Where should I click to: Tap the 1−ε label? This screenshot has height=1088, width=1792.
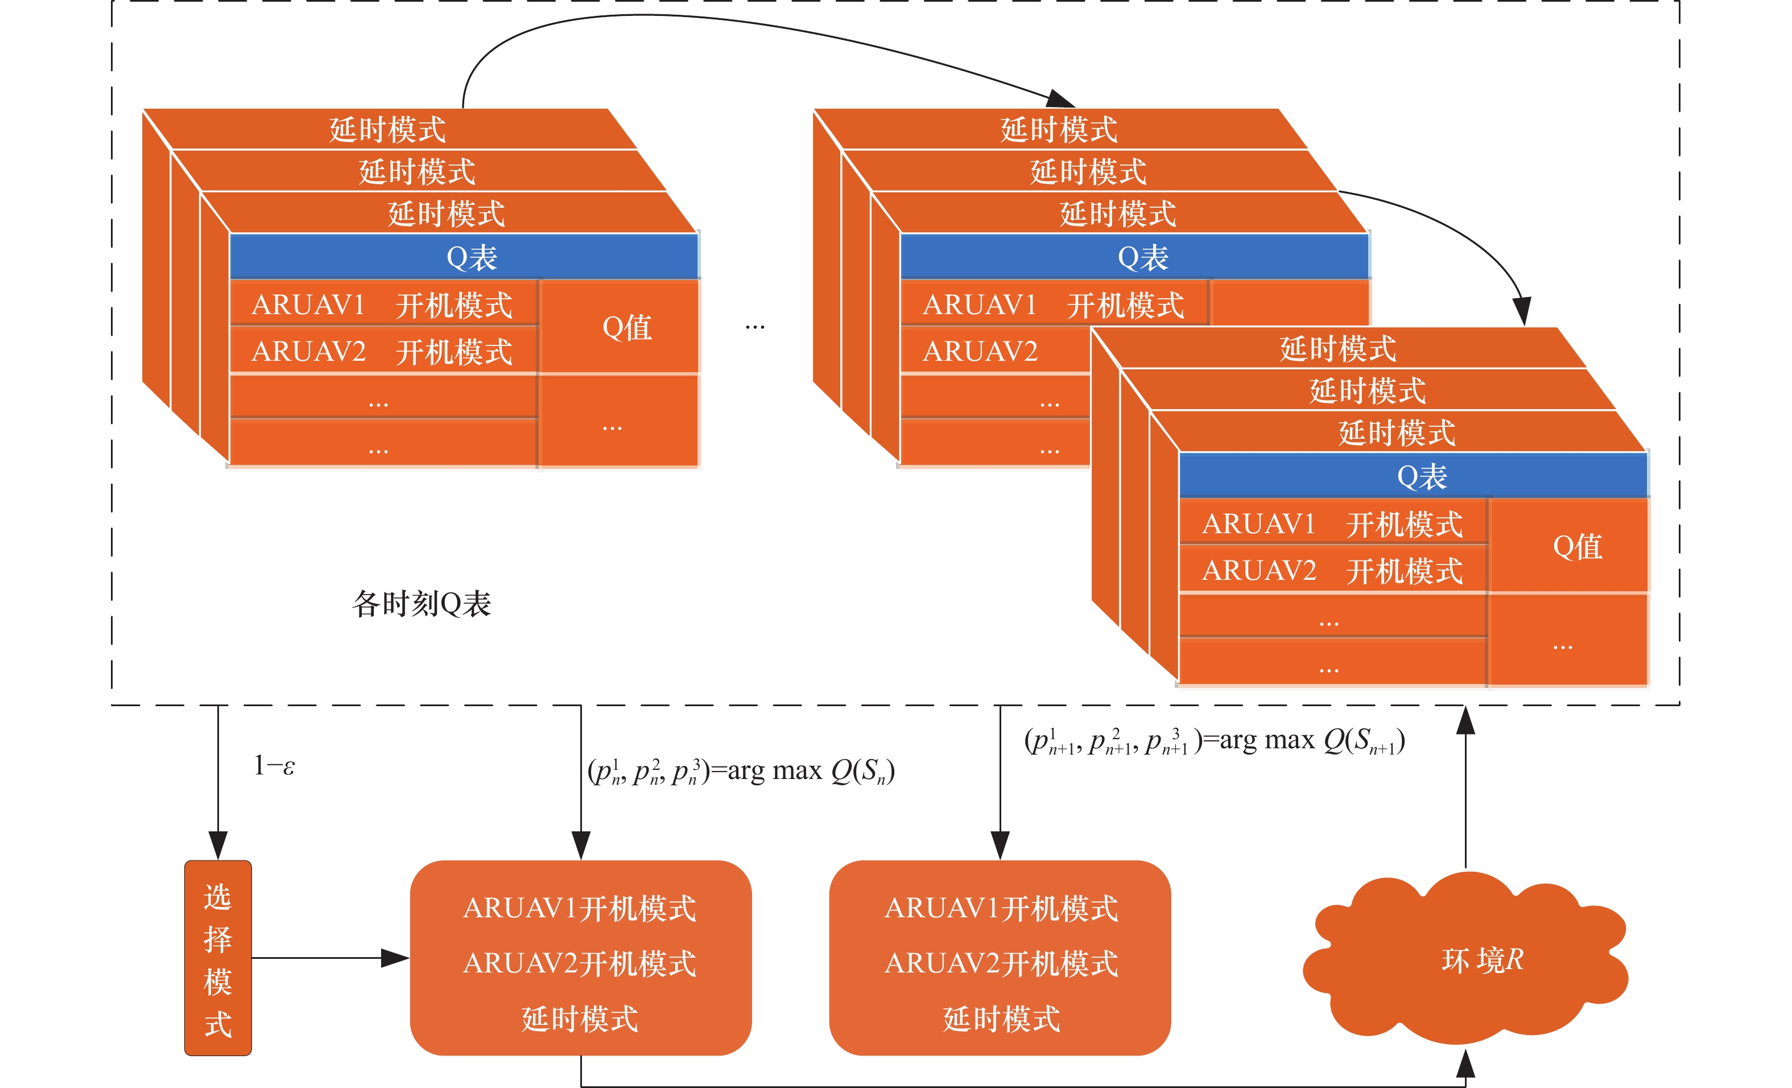point(274,766)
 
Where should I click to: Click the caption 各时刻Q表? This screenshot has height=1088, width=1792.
point(422,604)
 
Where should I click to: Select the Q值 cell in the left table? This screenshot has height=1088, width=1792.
point(626,327)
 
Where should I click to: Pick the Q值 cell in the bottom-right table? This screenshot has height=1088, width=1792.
point(1577,547)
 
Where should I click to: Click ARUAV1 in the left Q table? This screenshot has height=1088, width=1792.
point(308,305)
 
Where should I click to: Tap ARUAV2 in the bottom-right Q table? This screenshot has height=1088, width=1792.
point(1259,571)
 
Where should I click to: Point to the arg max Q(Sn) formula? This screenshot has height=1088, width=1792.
point(740,771)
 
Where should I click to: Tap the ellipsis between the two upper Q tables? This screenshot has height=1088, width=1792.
point(755,327)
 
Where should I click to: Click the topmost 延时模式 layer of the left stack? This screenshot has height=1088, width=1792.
point(387,129)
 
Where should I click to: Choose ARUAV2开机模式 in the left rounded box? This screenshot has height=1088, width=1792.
point(580,963)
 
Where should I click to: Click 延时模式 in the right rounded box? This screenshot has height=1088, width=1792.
point(1001,1019)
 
